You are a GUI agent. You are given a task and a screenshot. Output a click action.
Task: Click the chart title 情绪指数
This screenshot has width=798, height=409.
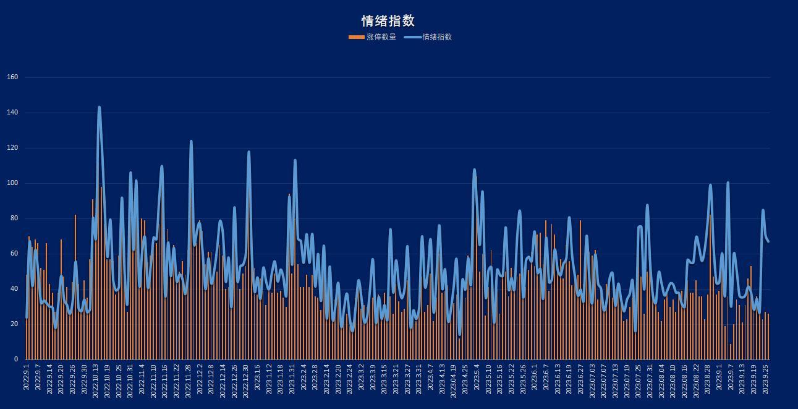coord(388,21)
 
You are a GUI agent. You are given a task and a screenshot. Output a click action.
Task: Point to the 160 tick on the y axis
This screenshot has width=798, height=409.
coord(12,77)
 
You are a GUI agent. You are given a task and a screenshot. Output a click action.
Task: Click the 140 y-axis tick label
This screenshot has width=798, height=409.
coord(12,113)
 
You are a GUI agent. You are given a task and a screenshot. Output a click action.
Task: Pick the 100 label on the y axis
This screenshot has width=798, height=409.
coord(12,183)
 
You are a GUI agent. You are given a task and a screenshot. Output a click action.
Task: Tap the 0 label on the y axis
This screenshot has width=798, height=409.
coord(16,359)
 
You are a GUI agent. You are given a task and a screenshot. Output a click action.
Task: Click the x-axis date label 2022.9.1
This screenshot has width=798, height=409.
coord(27,377)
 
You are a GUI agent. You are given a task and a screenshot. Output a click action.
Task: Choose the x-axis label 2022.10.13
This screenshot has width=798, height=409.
coord(96,379)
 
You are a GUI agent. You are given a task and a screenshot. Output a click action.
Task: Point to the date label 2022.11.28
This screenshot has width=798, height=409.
coord(188,379)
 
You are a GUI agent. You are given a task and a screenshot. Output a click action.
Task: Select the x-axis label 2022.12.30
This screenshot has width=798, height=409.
coord(245,379)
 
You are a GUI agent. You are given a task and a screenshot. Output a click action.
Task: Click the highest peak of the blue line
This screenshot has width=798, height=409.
coord(99,108)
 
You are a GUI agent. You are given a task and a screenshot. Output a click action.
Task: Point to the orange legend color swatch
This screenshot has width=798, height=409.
coord(356,37)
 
